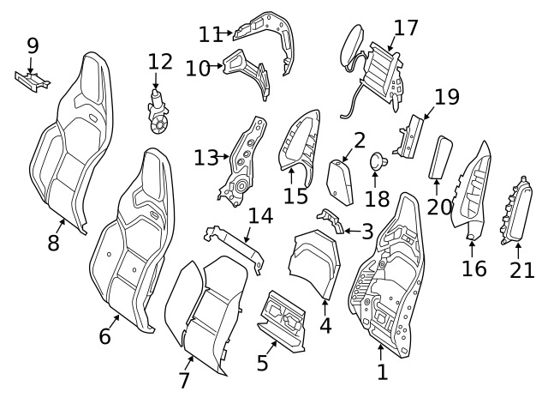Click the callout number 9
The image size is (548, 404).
tap(33, 45)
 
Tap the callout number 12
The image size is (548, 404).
tap(160, 62)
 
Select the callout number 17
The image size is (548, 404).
tap(406, 27)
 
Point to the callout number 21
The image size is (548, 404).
tap(521, 270)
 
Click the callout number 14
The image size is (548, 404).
tap(260, 215)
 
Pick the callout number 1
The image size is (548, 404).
tap(382, 371)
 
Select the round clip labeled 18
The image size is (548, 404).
tap(377, 161)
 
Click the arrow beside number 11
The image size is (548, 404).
tap(228, 34)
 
